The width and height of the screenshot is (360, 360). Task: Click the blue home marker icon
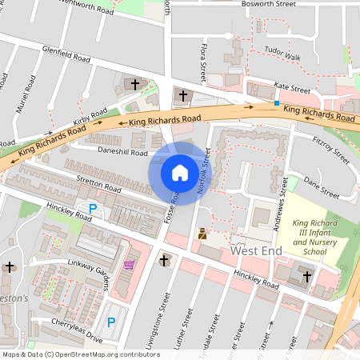tap(179, 173)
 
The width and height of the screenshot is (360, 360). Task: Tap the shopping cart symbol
tap(129, 265)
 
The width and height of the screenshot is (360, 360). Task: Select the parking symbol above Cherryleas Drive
tap(111, 322)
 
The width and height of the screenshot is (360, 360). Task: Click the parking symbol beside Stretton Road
tap(93, 209)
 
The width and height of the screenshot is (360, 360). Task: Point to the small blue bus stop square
tap(277, 103)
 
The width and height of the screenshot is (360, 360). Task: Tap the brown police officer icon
tap(202, 235)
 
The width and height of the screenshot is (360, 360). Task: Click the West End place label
tap(257, 251)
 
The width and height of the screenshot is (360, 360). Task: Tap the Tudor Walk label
tap(282, 58)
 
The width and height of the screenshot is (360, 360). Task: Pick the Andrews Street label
tap(282, 193)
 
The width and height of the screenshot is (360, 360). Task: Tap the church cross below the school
tap(305, 276)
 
